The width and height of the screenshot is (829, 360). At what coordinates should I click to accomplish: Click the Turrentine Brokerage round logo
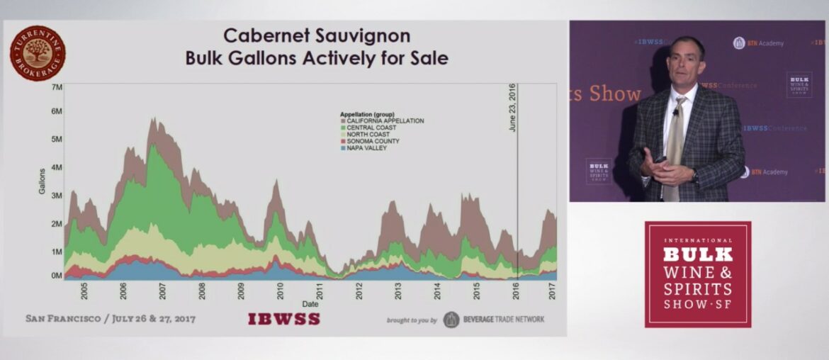point(38,53)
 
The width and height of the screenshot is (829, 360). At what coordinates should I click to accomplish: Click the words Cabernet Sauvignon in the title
point(317,36)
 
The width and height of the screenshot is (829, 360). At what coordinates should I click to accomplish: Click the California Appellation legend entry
point(383,121)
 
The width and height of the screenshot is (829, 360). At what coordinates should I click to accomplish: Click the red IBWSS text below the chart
point(283,319)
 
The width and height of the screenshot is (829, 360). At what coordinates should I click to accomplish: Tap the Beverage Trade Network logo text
point(503,320)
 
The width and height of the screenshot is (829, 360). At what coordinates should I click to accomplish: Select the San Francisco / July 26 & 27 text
point(111,319)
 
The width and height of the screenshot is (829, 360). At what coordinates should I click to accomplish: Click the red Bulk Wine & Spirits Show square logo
point(698,274)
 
